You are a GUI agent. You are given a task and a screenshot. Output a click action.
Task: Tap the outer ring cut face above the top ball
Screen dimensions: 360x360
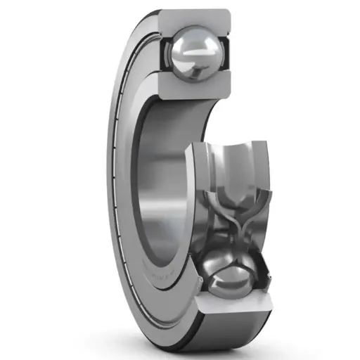coord(195,18)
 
